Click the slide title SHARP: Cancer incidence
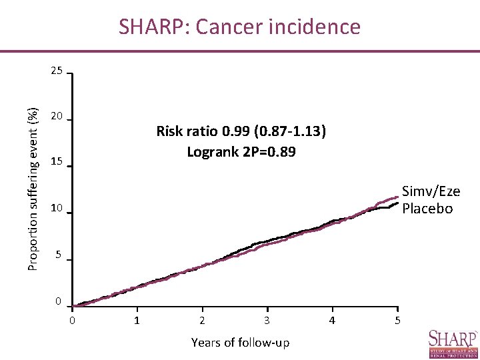click(239, 27)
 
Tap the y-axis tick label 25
click(57, 71)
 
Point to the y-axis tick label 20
click(57, 117)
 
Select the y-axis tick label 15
click(57, 163)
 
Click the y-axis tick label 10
click(57, 209)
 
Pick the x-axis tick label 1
click(137, 321)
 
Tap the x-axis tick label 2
click(202, 321)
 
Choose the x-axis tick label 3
click(267, 321)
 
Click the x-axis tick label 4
click(332, 321)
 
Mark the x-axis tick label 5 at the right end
click(397, 321)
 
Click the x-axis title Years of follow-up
click(240, 343)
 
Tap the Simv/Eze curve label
click(431, 192)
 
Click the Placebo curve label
click(427, 208)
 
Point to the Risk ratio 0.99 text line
click(241, 131)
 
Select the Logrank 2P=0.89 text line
click(241, 152)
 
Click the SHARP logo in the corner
click(453, 343)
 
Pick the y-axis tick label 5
click(59, 255)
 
